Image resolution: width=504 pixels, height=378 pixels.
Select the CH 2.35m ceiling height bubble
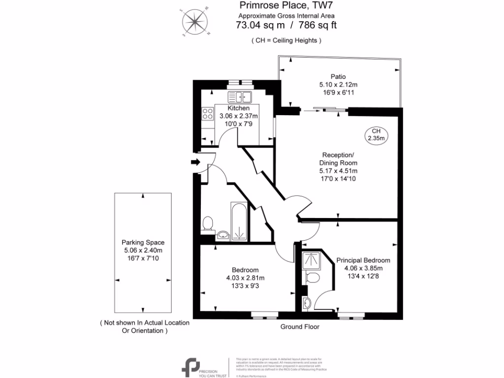point(376,134)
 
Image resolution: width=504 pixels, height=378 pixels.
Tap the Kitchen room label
point(238,108)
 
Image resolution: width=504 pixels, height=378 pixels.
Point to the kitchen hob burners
point(206,115)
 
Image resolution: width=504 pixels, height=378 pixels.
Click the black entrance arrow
point(195,162)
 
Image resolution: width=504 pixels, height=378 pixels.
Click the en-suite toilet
point(312,278)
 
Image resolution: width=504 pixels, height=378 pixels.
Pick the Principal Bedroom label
point(363,260)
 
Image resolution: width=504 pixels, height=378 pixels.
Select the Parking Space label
point(143,242)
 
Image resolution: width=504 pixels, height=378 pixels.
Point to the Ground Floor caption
point(300,327)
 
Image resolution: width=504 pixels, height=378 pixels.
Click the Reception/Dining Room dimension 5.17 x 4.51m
point(338,171)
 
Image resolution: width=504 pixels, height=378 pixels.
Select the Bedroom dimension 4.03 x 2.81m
point(245,278)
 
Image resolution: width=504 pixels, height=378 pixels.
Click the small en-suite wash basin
point(307,303)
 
